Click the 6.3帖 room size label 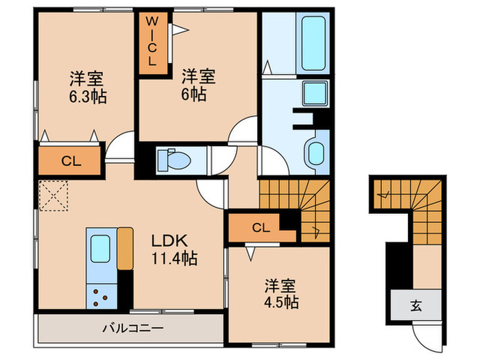(87, 97)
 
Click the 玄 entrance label (416, 306)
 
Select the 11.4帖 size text (174, 260)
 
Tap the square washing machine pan (315, 92)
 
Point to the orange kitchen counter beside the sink (125, 249)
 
